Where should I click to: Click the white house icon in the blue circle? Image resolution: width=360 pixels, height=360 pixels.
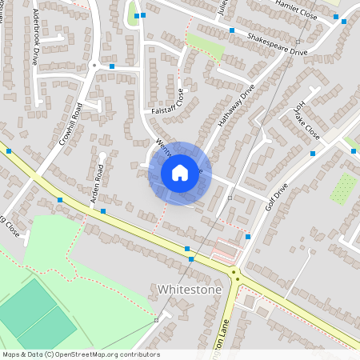(x=180, y=173)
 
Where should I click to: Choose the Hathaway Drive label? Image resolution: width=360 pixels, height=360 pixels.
(x=235, y=107)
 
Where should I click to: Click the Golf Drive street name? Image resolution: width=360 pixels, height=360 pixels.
(x=276, y=196)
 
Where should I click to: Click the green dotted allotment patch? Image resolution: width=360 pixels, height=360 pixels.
(x=343, y=190)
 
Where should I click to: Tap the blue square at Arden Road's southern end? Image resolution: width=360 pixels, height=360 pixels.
(x=103, y=210)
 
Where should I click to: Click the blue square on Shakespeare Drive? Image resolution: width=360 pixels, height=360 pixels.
(x=232, y=30)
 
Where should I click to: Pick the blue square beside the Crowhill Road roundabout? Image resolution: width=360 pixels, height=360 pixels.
(x=112, y=66)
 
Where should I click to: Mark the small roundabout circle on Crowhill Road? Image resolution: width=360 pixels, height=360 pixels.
(x=94, y=64)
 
